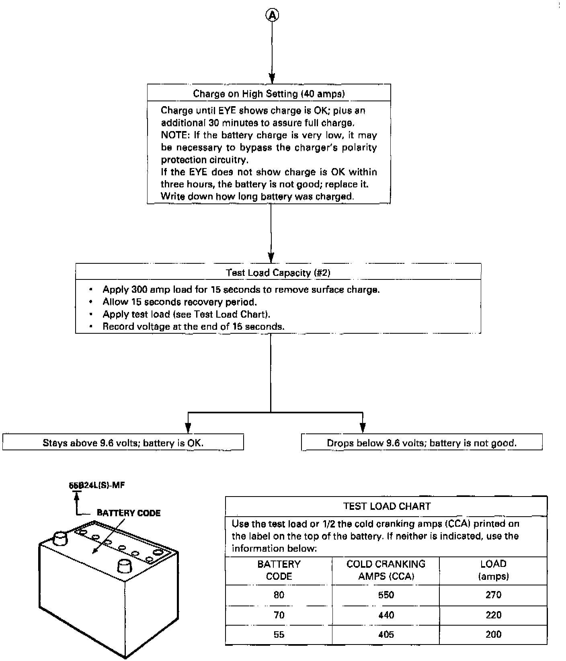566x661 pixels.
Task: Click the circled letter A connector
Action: tap(272, 15)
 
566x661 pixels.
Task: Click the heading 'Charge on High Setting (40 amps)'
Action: tap(269, 94)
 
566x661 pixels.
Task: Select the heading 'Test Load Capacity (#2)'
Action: tap(278, 273)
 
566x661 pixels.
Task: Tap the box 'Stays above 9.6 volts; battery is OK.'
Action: tap(123, 443)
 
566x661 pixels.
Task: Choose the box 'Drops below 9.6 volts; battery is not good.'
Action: tap(421, 443)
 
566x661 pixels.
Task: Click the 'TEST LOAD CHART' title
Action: tap(386, 506)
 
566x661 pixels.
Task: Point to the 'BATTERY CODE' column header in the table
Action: tap(279, 570)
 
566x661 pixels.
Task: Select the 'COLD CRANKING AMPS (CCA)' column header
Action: tap(386, 570)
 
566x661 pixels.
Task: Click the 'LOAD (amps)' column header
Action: tap(493, 570)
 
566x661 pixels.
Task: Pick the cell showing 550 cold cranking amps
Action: tap(386, 595)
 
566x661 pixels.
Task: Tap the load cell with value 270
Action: tap(493, 595)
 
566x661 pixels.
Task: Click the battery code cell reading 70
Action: tap(279, 615)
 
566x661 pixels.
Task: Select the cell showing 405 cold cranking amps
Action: tap(386, 634)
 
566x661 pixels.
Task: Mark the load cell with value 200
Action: tap(493, 634)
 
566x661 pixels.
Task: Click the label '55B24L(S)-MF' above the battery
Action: tap(96, 485)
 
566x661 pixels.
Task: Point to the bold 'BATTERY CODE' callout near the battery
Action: tap(129, 513)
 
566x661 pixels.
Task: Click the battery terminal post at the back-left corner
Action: tap(60, 538)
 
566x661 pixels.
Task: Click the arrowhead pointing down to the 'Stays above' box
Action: tap(187, 428)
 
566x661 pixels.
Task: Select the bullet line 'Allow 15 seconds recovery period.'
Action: tap(179, 302)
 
